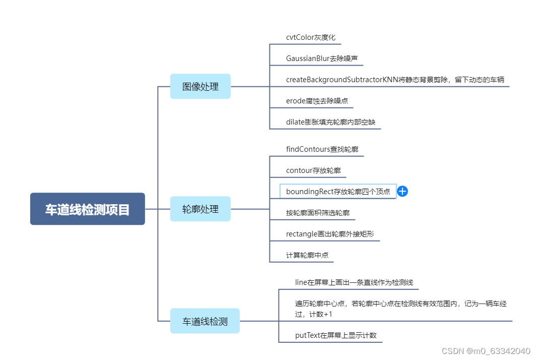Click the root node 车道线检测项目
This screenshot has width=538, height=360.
(87, 209)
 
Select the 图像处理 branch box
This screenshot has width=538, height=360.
(200, 86)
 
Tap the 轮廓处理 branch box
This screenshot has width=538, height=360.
(200, 209)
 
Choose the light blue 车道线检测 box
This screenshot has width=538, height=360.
(205, 321)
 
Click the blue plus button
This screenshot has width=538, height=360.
(402, 191)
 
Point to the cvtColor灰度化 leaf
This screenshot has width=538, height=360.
(310, 37)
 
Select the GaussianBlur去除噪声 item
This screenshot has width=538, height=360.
(321, 58)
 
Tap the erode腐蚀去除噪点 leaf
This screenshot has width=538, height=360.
(316, 101)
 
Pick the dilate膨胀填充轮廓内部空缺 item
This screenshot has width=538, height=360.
(330, 122)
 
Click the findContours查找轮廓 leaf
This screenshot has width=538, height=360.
(322, 149)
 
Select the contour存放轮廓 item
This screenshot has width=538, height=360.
(313, 170)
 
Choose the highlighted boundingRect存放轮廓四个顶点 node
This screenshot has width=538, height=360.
(338, 192)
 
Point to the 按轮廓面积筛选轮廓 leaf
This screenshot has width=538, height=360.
(317, 213)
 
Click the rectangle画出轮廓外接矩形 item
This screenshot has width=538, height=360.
(329, 234)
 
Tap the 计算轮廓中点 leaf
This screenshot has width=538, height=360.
(307, 255)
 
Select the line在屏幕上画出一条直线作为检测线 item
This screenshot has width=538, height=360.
(354, 282)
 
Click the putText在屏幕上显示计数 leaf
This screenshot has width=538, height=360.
(335, 335)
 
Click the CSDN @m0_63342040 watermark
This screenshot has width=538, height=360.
(486, 351)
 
